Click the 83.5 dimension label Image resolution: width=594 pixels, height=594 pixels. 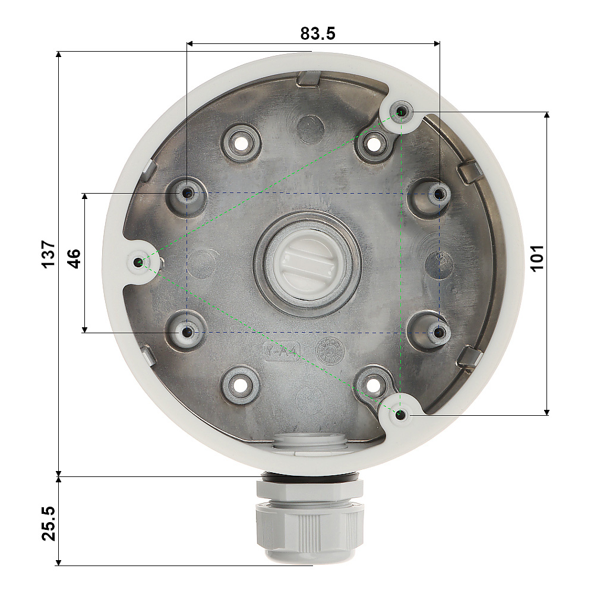(x=318, y=33)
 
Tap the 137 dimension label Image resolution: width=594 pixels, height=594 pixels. (x=49, y=254)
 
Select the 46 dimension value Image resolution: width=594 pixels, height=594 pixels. (x=74, y=258)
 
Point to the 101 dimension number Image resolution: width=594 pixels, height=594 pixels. (x=537, y=258)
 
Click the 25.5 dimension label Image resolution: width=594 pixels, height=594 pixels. (x=49, y=523)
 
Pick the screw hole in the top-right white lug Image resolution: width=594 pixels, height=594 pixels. (x=400, y=112)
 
